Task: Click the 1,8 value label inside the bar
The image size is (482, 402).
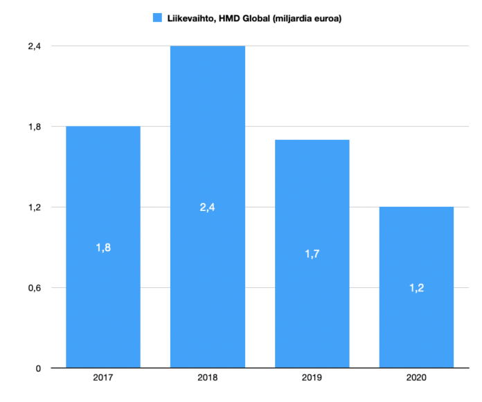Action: (103, 247)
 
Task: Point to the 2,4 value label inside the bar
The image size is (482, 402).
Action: (207, 207)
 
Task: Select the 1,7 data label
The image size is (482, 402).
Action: (312, 254)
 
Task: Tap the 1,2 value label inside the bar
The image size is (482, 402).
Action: (416, 288)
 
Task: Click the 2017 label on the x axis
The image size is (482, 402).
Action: (103, 379)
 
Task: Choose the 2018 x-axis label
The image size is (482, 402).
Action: (207, 379)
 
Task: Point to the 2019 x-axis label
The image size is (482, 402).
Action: (312, 379)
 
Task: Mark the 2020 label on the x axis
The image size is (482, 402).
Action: (416, 379)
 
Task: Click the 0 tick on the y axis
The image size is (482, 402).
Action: (39, 368)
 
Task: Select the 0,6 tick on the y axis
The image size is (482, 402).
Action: (35, 288)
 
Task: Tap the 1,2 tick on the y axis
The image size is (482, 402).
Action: (35, 207)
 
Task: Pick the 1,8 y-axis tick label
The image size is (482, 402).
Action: (35, 127)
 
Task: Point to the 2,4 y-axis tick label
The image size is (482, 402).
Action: (35, 46)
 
